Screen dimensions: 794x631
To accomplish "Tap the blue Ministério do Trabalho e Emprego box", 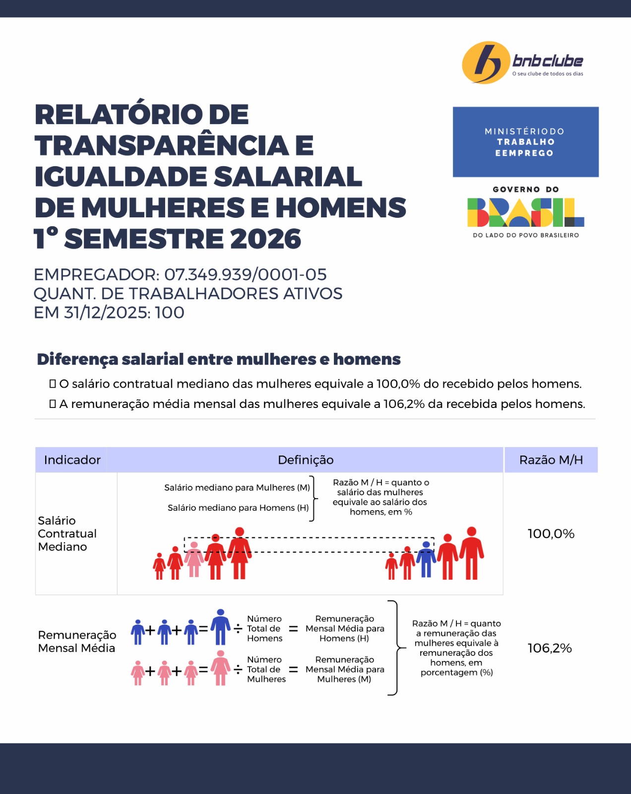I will [x=525, y=142].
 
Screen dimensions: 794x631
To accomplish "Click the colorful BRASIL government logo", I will [x=525, y=212].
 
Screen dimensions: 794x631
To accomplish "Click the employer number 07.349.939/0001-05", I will [x=246, y=274].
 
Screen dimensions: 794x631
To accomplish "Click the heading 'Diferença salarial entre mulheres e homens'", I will [x=219, y=359].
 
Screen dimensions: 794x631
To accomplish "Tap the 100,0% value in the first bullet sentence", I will [x=398, y=384].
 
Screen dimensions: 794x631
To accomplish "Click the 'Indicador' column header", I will [x=72, y=460].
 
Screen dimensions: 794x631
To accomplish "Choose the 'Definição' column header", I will [x=306, y=460].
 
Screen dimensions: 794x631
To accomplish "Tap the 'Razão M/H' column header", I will [x=551, y=460].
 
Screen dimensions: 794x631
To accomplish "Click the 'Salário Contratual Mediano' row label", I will [x=67, y=533].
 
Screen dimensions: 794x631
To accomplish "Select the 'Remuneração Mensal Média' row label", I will [x=77, y=642].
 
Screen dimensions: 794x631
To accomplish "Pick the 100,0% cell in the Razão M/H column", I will [x=551, y=534].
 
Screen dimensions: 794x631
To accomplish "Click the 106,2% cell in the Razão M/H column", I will [x=550, y=648].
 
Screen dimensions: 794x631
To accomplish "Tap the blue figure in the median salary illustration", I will [x=426, y=559].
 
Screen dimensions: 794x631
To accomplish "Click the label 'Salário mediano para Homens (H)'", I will [x=238, y=508].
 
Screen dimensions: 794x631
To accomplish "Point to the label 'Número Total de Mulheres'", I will [x=266, y=669].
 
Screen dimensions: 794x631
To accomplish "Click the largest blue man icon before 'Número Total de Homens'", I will [x=221, y=627].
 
